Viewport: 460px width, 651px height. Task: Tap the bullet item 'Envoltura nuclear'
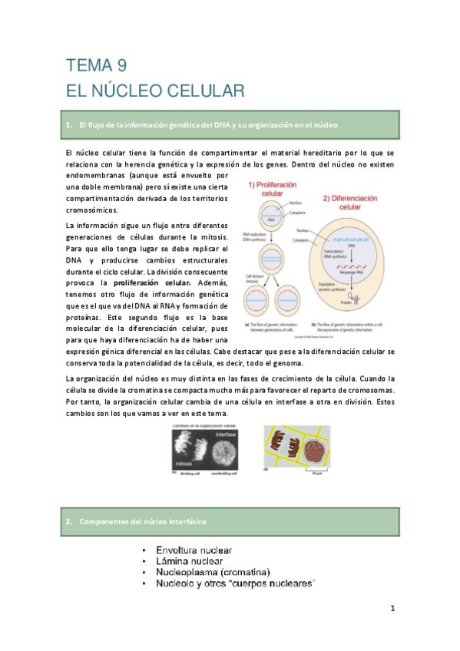194,550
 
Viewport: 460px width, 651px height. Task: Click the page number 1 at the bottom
392,610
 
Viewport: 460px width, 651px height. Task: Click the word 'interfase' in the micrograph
226,436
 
